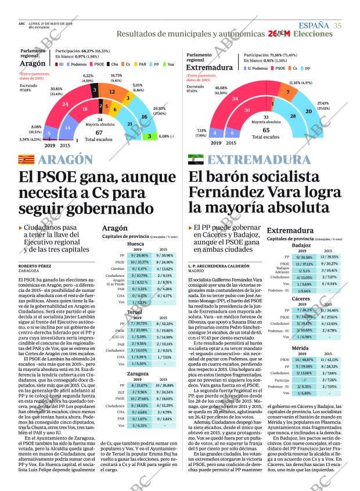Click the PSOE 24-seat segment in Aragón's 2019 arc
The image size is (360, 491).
coord(65,104)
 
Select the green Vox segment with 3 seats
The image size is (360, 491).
coord(149,136)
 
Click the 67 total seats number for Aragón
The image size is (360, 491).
coord(99,132)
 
